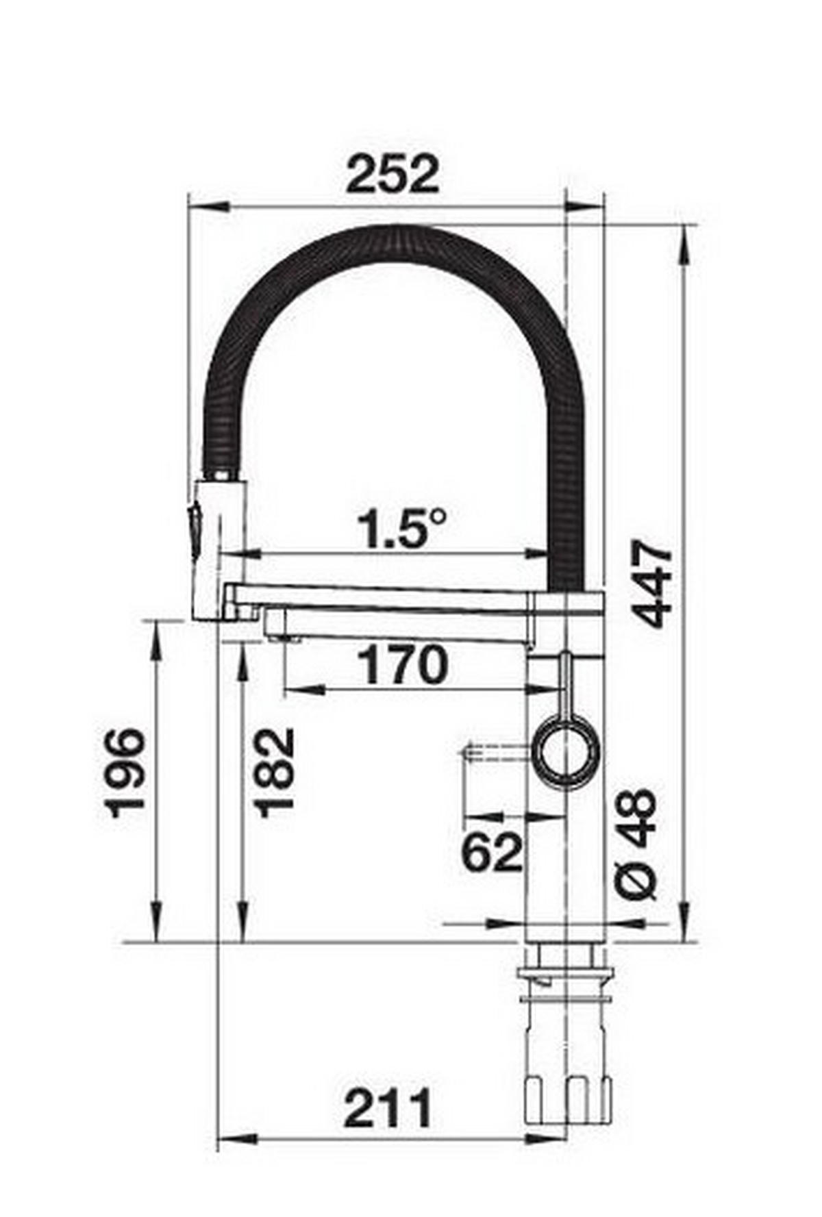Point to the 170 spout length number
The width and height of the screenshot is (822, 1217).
(403, 665)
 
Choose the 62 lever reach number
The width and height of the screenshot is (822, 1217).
(493, 853)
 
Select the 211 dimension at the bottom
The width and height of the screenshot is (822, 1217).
(388, 1108)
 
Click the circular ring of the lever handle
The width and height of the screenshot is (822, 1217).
(568, 753)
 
